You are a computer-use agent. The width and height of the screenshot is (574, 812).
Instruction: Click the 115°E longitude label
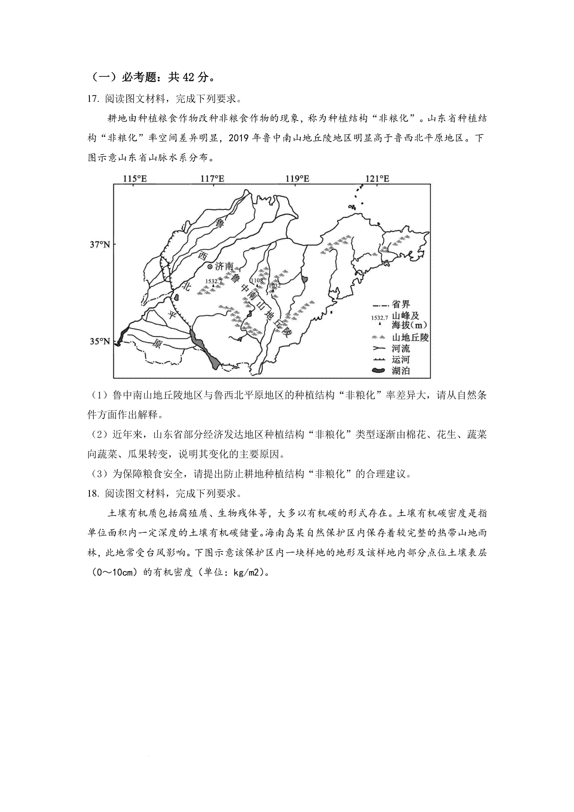pos(135,178)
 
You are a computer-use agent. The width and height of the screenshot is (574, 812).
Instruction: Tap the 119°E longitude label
pos(297,178)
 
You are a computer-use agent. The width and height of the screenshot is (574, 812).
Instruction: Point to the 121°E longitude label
pos(378,178)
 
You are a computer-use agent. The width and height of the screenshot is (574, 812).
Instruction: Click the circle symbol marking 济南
pos(210,266)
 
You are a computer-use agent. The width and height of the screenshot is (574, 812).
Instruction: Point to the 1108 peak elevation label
pos(257,280)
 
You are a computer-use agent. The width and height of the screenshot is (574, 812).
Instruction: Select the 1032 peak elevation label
pos(275,285)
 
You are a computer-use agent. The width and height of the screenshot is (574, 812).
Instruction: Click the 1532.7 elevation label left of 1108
pos(214,281)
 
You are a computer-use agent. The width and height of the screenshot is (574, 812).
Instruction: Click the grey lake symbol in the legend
pos(380,371)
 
